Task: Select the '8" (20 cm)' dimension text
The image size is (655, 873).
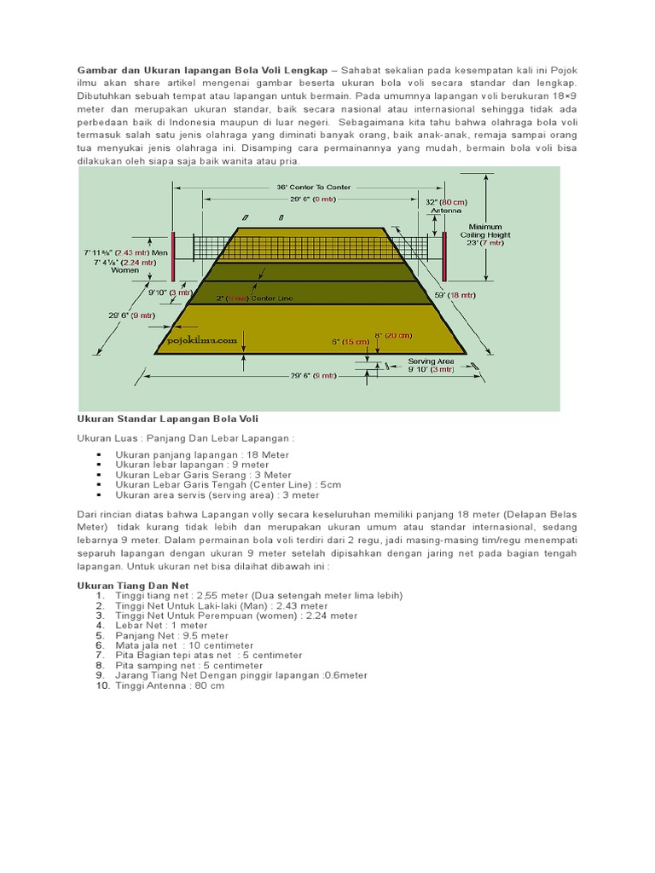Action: pos(394,335)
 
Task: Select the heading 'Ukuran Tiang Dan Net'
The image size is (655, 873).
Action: pos(132,586)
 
